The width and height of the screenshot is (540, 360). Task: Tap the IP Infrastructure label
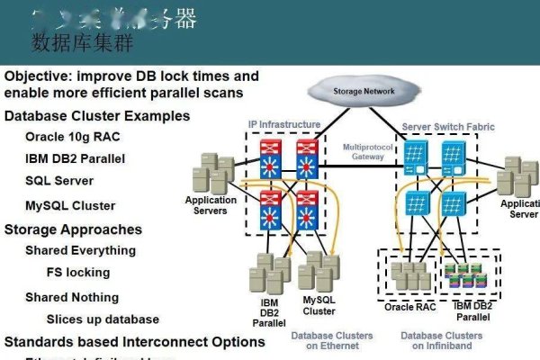pyautogui.click(x=283, y=124)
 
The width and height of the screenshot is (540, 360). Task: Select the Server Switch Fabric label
pyautogui.click(x=449, y=127)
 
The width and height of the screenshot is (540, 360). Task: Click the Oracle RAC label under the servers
pyautogui.click(x=411, y=306)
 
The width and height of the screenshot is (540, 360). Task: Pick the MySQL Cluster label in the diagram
pyautogui.click(x=319, y=306)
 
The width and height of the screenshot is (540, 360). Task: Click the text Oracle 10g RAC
pyautogui.click(x=72, y=137)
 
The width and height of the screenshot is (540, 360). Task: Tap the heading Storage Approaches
pyautogui.click(x=73, y=229)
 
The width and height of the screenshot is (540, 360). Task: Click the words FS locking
pyautogui.click(x=77, y=272)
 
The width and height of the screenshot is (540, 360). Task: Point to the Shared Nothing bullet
pyautogui.click(x=71, y=297)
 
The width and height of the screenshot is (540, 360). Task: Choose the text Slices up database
pyautogui.click(x=103, y=319)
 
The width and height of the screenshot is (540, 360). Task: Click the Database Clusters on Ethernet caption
pyautogui.click(x=331, y=340)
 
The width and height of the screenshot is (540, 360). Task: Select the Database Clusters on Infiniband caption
pyautogui.click(x=441, y=340)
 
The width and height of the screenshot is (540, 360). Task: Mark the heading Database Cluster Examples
pyautogui.click(x=97, y=115)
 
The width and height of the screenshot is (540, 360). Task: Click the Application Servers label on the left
pyautogui.click(x=211, y=205)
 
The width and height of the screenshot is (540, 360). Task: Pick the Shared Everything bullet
pyautogui.click(x=80, y=250)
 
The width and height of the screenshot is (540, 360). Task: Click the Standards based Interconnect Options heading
pyautogui.click(x=135, y=342)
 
